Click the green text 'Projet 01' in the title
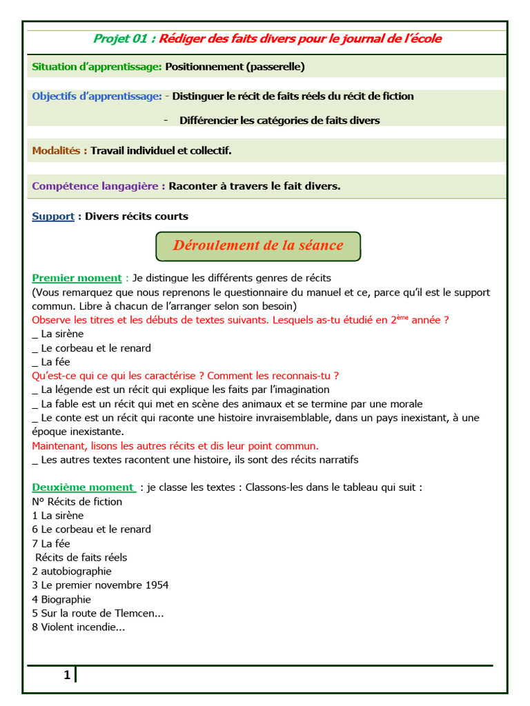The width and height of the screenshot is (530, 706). (x=121, y=39)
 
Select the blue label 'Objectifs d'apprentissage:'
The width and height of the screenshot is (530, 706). (x=97, y=96)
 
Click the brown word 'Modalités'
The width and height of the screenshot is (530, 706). (x=57, y=150)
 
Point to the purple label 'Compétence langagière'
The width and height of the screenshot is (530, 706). (x=96, y=185)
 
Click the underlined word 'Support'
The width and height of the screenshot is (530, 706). (x=53, y=216)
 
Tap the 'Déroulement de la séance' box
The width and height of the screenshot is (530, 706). (x=258, y=245)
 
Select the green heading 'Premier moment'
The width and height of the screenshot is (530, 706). (x=77, y=278)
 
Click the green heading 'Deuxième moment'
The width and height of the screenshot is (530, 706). (x=84, y=487)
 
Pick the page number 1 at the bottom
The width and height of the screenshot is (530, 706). (x=66, y=675)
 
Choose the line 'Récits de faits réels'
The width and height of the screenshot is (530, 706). (x=81, y=557)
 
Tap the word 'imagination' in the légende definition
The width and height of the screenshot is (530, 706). (x=301, y=390)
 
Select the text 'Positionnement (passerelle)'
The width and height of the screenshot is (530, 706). (x=235, y=67)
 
